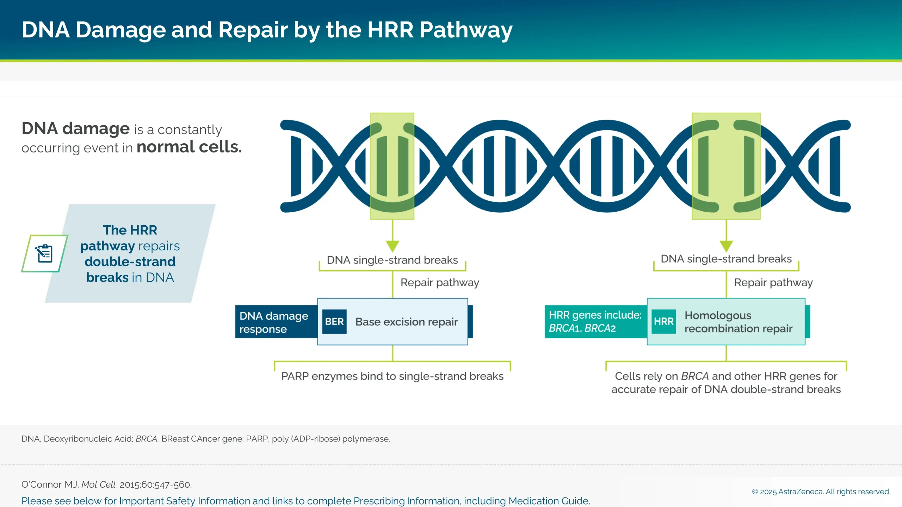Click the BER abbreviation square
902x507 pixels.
[x=334, y=321]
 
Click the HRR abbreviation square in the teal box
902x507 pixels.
[x=663, y=321]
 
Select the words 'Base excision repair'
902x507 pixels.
[x=406, y=322]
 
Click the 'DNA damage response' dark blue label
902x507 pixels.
[x=274, y=322]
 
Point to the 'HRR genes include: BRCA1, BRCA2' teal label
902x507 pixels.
[x=595, y=321]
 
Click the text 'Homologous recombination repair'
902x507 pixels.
[x=738, y=322]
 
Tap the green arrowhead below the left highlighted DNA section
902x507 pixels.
[x=392, y=245]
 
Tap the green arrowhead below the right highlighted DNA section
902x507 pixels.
[x=726, y=245]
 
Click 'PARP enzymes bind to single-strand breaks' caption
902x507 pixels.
[x=392, y=376]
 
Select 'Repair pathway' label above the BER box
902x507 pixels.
[x=439, y=282]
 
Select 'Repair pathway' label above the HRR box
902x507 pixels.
[x=773, y=282]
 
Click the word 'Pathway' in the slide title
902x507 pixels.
[x=465, y=30]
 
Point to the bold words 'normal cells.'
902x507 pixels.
[x=189, y=147]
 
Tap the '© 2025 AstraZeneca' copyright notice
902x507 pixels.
[x=821, y=492]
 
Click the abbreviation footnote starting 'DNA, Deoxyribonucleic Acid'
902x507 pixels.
[x=205, y=439]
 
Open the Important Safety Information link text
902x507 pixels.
[x=305, y=501]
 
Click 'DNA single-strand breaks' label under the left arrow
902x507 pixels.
[x=392, y=260]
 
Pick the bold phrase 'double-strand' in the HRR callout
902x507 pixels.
[x=130, y=262]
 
